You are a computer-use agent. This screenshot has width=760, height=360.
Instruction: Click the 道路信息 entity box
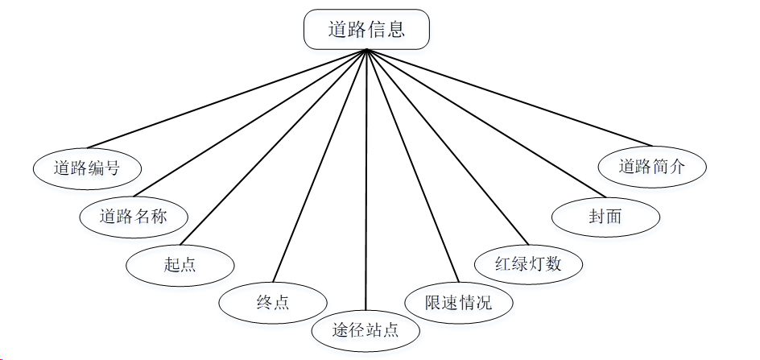(x=366, y=31)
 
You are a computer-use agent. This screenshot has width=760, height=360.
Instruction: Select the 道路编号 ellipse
(x=87, y=168)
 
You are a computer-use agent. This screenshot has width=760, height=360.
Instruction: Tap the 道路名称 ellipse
(x=134, y=216)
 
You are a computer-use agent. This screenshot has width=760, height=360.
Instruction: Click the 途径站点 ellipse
(x=366, y=329)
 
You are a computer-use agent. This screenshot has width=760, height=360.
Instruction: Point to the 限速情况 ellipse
(x=457, y=303)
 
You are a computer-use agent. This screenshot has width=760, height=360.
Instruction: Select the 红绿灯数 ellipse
(x=528, y=263)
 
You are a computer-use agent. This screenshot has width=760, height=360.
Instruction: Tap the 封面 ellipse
(x=605, y=216)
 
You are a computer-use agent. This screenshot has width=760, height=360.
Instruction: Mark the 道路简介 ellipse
(x=652, y=168)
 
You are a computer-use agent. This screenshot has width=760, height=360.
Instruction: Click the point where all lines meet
(x=366, y=50)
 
